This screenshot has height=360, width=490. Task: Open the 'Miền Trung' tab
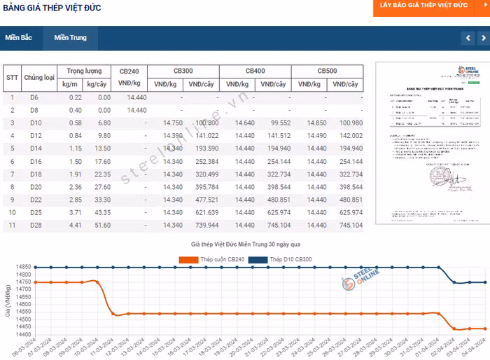(71, 38)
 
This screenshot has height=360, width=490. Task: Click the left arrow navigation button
(468, 38)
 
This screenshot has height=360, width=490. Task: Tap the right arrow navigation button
(483, 38)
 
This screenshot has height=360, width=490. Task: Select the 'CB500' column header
(327, 71)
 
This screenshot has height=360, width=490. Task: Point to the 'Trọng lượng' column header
(84, 71)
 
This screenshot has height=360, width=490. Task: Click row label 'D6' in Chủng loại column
(34, 97)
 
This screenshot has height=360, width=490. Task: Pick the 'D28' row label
(36, 225)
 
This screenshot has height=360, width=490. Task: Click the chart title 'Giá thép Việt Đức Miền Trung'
(246, 244)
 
